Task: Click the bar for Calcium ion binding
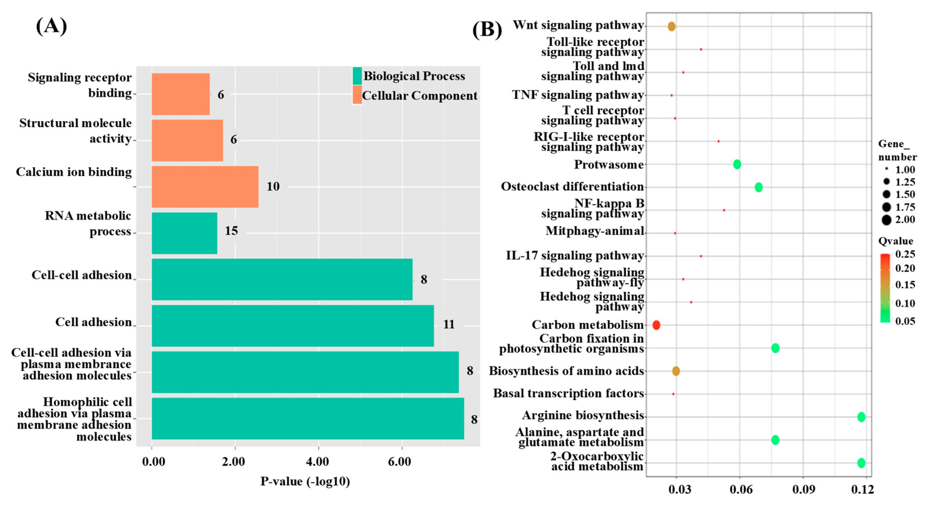coord(205,187)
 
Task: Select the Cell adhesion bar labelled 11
coord(293,326)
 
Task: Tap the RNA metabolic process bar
coord(184,233)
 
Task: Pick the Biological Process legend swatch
coord(357,76)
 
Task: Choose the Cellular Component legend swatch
coord(357,95)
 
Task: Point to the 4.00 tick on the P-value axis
coord(317,461)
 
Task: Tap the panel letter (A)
coord(51,26)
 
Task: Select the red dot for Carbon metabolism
coord(656,325)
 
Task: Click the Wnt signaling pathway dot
coord(671,26)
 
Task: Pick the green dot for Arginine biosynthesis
coord(861,417)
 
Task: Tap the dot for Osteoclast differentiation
coord(758,187)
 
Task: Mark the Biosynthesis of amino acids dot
coord(676,371)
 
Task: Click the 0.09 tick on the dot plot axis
coord(804,489)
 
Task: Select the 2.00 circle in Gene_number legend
coord(886,220)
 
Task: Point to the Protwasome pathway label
coord(609,164)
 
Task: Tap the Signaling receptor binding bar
coord(181,94)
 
